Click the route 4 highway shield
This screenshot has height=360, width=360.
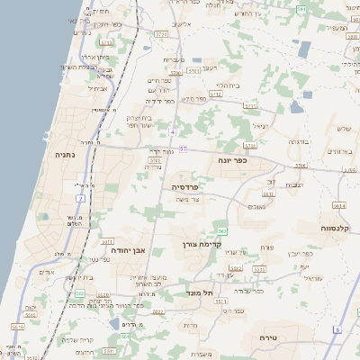pyautogui.click(x=172, y=132)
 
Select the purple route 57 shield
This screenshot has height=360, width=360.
pyautogui.click(x=183, y=148)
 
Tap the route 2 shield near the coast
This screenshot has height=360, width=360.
pyautogui.click(x=81, y=197)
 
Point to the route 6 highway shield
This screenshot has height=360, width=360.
pyautogui.click(x=336, y=330)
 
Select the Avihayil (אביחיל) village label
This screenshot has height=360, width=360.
pyautogui.click(x=98, y=88)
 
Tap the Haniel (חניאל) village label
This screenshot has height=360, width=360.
pyautogui.click(x=260, y=125)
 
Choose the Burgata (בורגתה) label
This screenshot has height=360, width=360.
pyautogui.click(x=300, y=141)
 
